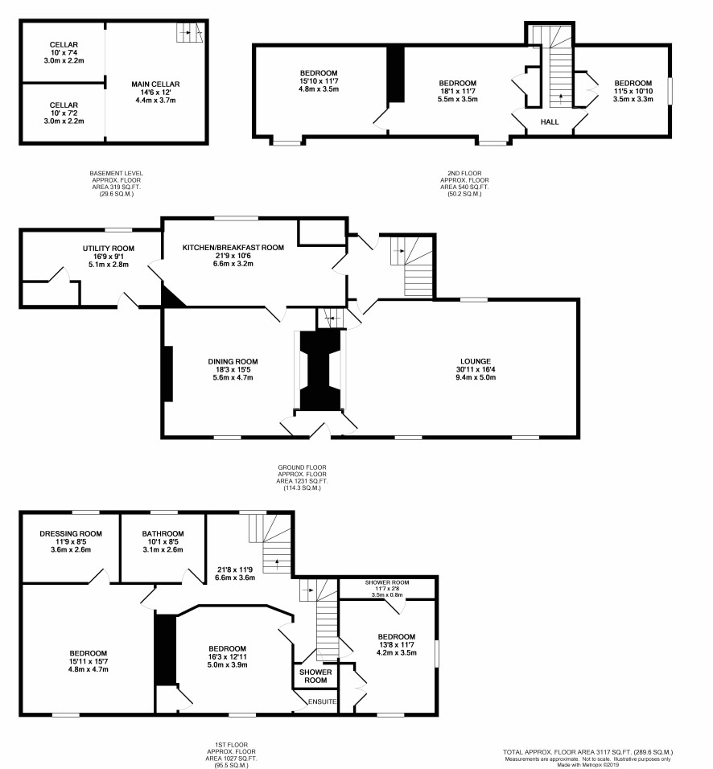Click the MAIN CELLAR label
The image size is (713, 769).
click(x=155, y=84)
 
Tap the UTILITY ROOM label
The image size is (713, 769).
click(x=109, y=249)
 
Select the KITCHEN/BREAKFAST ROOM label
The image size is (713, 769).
click(x=233, y=247)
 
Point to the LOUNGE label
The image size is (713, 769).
click(x=476, y=361)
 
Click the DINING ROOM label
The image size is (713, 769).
click(x=233, y=361)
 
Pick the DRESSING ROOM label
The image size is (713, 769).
click(x=71, y=533)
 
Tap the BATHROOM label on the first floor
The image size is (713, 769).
click(x=163, y=533)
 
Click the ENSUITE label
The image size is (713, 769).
click(x=323, y=701)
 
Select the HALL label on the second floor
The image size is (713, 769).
click(x=550, y=121)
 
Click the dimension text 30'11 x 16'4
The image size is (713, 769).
click(x=476, y=369)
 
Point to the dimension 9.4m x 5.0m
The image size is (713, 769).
click(x=476, y=377)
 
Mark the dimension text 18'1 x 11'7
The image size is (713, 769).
click(x=457, y=91)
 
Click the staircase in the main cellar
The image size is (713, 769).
click(x=189, y=32)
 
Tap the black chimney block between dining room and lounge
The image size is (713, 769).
click(x=320, y=370)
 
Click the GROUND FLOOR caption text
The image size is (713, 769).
click(x=302, y=467)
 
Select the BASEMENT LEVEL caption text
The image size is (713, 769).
click(x=117, y=173)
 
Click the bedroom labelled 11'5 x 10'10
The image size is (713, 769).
click(x=633, y=91)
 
